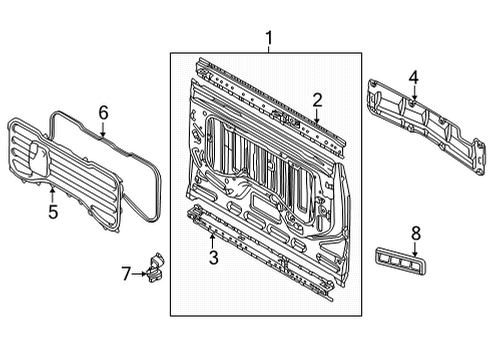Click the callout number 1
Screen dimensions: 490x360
click(x=269, y=38)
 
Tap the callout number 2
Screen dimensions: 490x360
click(x=317, y=100)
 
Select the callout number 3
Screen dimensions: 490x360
click(x=213, y=257)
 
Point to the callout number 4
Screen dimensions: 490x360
click(x=413, y=78)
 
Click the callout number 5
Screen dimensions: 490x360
click(x=53, y=212)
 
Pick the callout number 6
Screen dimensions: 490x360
click(x=103, y=113)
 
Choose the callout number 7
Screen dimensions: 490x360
click(x=126, y=274)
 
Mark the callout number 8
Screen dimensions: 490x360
click(x=416, y=233)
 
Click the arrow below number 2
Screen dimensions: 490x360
click(x=317, y=117)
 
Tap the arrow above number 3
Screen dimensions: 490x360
click(x=212, y=241)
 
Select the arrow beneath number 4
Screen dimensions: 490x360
click(x=414, y=93)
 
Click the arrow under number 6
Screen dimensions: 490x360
click(x=103, y=129)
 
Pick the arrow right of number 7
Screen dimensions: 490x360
click(x=139, y=274)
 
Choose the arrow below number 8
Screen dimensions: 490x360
click(x=415, y=249)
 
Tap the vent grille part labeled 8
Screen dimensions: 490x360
click(x=400, y=261)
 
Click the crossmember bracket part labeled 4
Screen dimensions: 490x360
click(x=427, y=127)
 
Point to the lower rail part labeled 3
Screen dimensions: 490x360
click(x=260, y=252)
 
